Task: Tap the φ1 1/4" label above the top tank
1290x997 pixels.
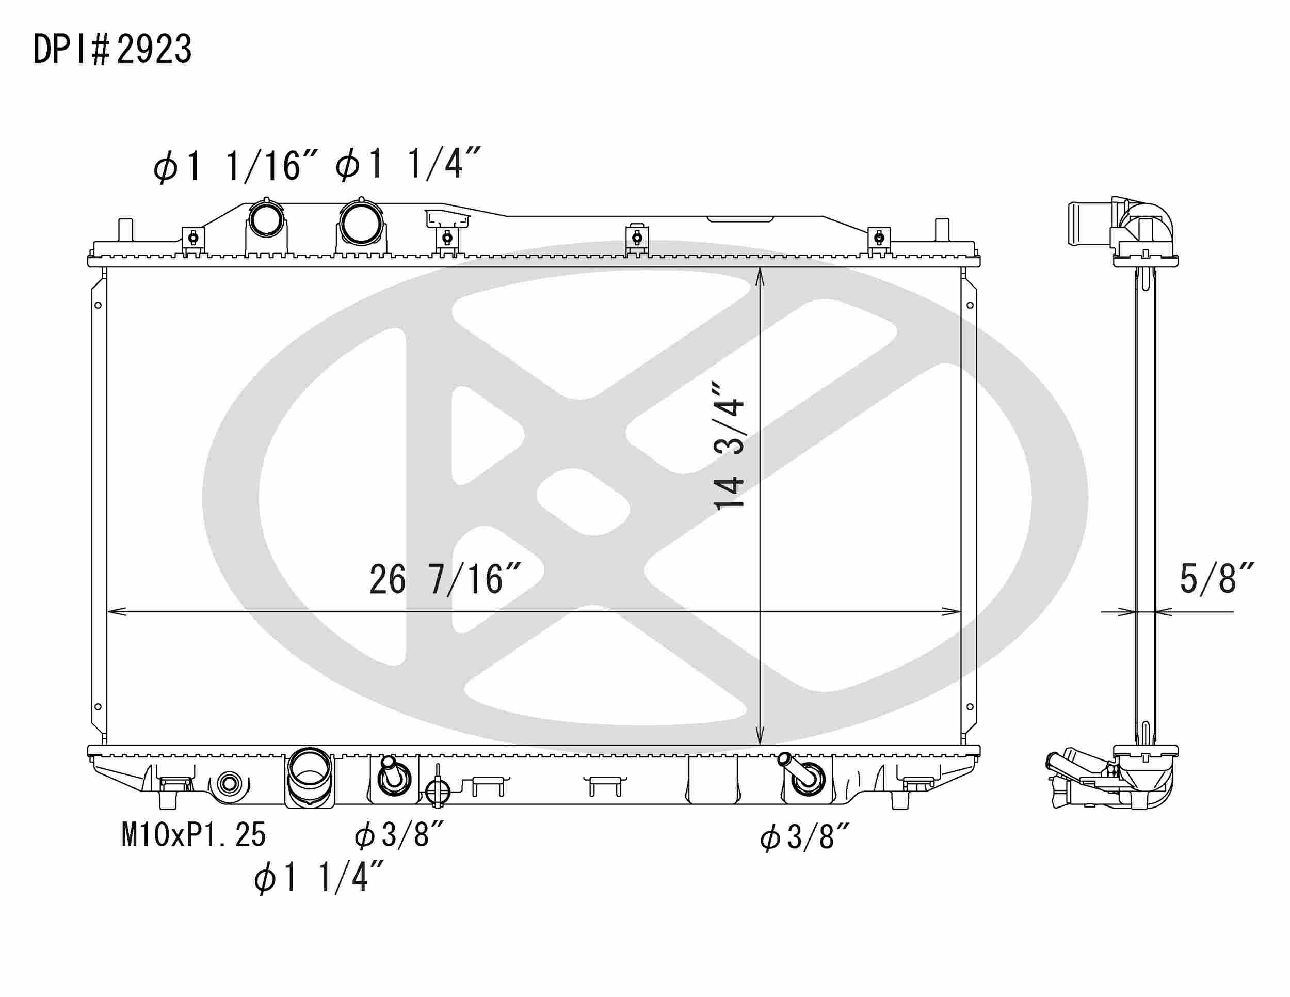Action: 408,164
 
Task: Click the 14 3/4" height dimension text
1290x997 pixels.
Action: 730,447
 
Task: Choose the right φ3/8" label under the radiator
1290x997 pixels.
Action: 804,838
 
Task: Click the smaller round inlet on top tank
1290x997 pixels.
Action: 266,220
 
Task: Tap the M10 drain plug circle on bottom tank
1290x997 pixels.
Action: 229,784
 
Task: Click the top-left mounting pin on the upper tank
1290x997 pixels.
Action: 125,229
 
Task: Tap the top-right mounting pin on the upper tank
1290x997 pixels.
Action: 942,229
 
